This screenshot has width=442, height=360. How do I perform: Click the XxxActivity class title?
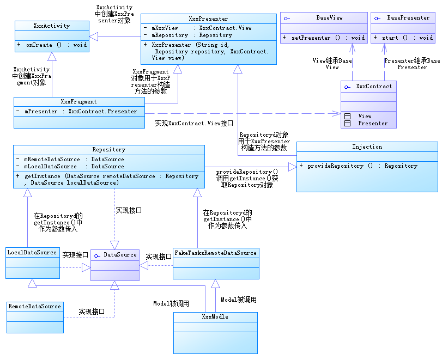[x=51, y=26]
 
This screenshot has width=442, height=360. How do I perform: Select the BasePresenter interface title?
[x=408, y=18]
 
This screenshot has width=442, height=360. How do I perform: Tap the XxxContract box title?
[x=373, y=86]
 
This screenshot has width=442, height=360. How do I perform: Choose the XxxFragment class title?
[x=79, y=101]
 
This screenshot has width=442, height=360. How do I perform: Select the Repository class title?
[x=109, y=149]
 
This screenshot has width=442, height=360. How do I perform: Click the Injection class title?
[x=367, y=147]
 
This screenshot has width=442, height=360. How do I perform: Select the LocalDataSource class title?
[x=32, y=252]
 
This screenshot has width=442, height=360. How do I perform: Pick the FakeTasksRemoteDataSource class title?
[x=215, y=253]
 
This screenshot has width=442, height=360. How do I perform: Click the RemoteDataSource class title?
[x=35, y=307]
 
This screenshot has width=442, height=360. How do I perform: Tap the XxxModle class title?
[x=215, y=316]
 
